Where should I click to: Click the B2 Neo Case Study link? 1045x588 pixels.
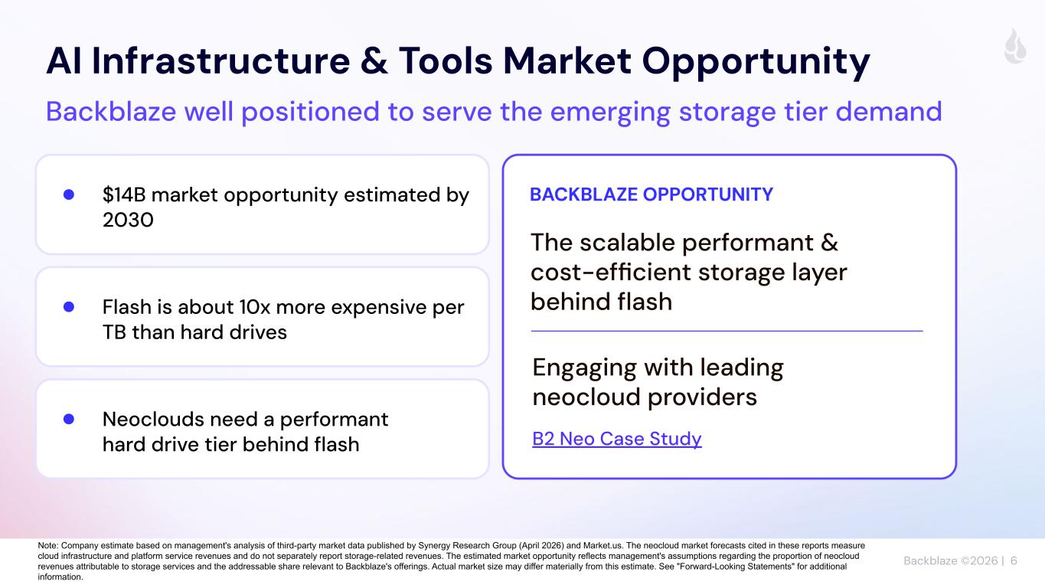(617, 439)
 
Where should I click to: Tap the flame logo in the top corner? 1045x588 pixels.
(1015, 46)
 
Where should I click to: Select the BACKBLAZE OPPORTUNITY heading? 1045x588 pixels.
(651, 194)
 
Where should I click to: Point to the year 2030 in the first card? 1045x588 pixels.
(128, 220)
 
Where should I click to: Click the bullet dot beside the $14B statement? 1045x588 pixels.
(69, 194)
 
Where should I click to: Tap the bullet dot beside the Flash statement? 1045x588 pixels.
(69, 306)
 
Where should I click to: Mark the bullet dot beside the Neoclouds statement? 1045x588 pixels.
(69, 419)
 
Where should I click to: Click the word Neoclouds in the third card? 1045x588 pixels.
(153, 419)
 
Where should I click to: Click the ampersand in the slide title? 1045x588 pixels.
(374, 61)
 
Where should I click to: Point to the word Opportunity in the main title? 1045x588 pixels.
(756, 63)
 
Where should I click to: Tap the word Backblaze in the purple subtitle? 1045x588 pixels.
(111, 112)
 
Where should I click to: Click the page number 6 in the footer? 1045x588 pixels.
(1014, 560)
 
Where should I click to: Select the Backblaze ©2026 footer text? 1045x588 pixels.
(950, 560)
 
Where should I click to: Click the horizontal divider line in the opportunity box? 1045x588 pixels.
(727, 331)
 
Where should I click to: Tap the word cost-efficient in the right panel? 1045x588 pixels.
(611, 272)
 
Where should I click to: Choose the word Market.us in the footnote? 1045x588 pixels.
(603, 546)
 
